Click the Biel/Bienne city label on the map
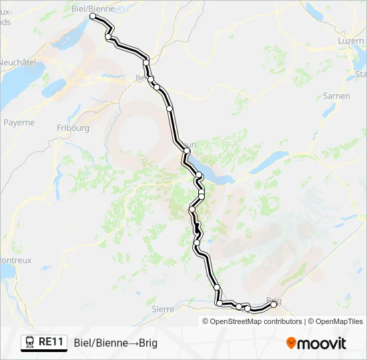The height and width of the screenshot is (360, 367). [x=93, y=8]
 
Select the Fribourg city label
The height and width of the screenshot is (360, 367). [x=73, y=127]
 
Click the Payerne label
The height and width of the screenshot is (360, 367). [x=19, y=123]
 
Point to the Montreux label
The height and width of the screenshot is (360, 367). [x=15, y=261]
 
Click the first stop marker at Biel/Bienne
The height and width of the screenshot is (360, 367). [x=93, y=16]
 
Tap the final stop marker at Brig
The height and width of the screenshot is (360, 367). [x=274, y=304]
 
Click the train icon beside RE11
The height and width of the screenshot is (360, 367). [x=30, y=342]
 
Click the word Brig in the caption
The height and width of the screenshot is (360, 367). [x=148, y=343]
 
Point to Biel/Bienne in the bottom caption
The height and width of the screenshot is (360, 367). [x=99, y=343]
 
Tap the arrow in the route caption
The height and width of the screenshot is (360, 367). [x=132, y=343]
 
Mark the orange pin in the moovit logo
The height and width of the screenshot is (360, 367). [x=292, y=343]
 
